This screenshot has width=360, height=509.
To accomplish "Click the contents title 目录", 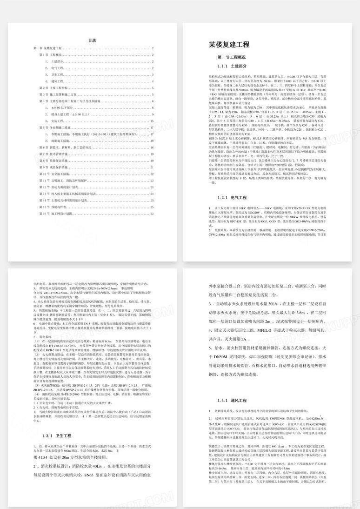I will click(x=92, y=40).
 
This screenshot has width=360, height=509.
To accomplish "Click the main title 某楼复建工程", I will click(x=229, y=45).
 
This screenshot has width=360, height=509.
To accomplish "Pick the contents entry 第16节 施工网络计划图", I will click(x=56, y=214).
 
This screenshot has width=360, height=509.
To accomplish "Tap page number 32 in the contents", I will click(x=152, y=214).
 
